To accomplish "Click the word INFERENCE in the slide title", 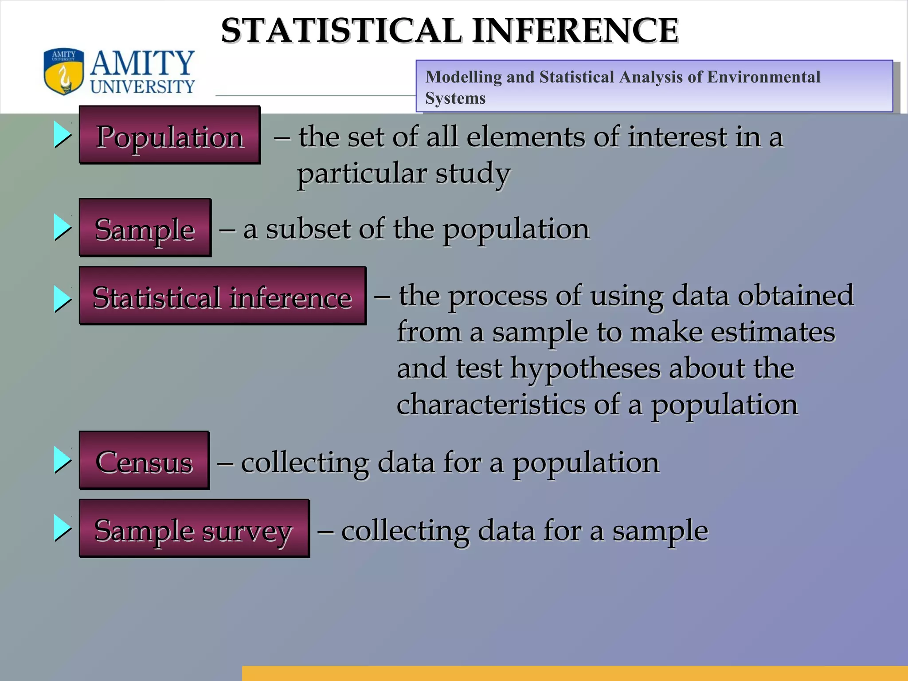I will point(575,31).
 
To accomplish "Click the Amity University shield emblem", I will point(64,71).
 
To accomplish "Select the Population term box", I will point(169,135).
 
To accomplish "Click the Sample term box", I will point(145,228).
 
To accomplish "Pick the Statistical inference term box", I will point(222,296).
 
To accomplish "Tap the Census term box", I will point(144,461).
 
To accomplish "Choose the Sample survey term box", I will point(194,528).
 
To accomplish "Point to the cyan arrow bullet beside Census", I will point(63,460).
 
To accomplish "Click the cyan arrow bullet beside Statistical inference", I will point(63,298).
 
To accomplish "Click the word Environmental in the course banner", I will point(763,77).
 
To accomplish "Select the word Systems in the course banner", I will point(455,98).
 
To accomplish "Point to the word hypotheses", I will point(585,368).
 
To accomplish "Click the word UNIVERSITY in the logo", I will point(142,86).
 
